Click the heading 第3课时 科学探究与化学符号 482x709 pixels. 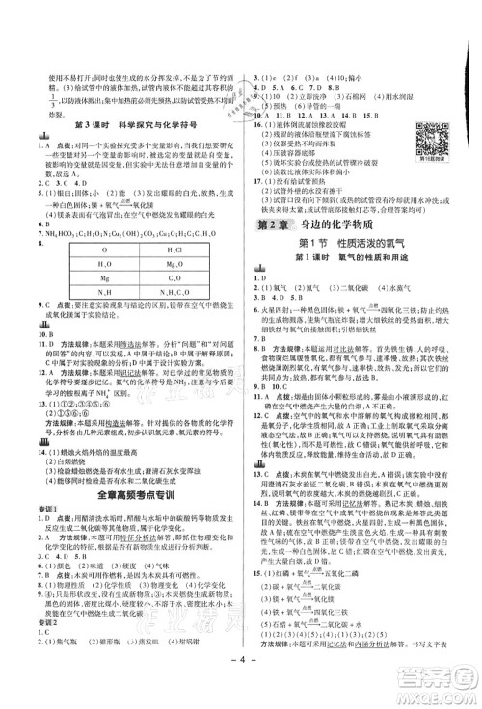click(x=132, y=125)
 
